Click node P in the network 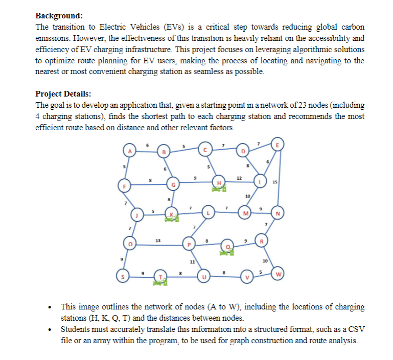(x=190, y=245)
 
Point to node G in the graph (x=174, y=184)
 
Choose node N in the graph (x=279, y=212)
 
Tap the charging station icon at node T (x=161, y=284)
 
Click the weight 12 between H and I (x=239, y=177)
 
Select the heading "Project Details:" (x=63, y=94)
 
